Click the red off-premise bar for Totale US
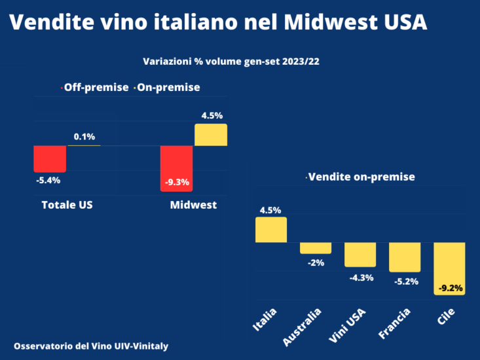click(x=50, y=158)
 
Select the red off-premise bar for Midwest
click(x=177, y=168)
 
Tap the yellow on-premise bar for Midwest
click(x=211, y=135)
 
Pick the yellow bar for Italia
click(x=270, y=230)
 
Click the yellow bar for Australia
click(x=316, y=248)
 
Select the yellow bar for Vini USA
click(x=360, y=254)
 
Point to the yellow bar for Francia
click(x=405, y=257)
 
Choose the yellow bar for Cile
click(x=449, y=268)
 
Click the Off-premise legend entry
click(x=96, y=87)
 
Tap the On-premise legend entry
click(x=168, y=87)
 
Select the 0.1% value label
click(x=84, y=137)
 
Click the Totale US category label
click(x=67, y=205)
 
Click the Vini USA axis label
click(x=346, y=327)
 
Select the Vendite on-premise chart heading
click(x=361, y=177)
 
